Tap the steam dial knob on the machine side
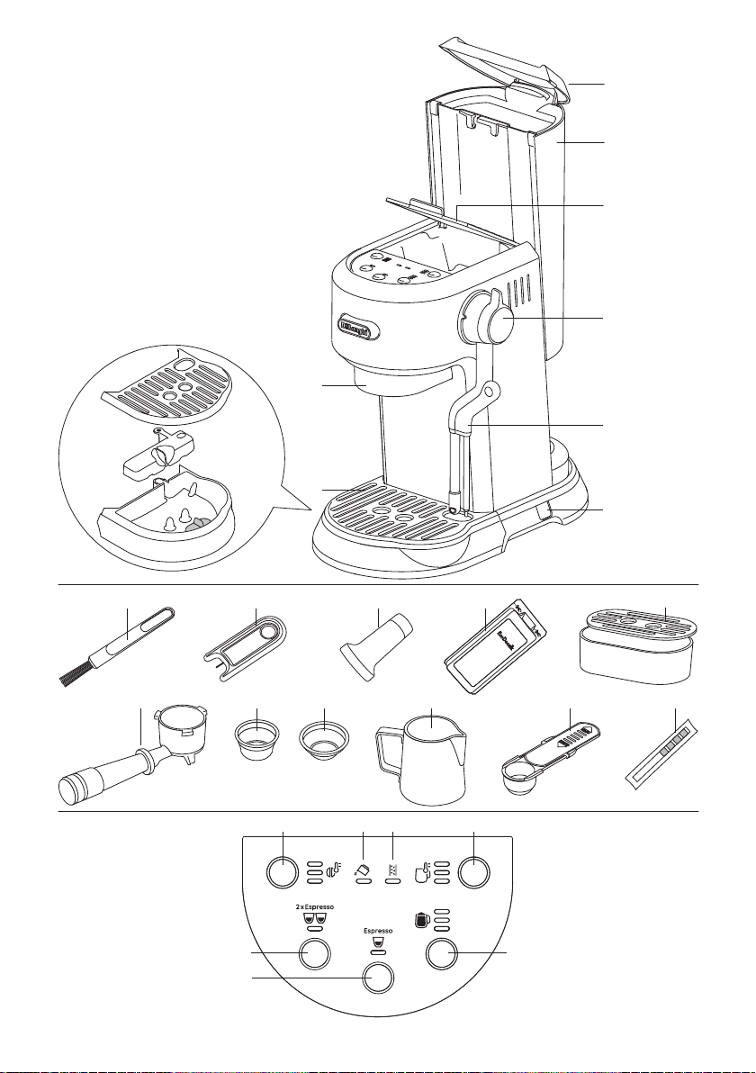point(490,319)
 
